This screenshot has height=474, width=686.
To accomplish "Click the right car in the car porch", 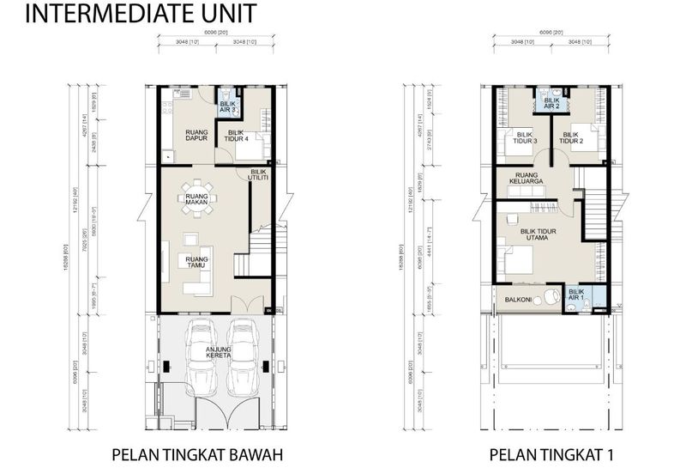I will pyautogui.click(x=244, y=354).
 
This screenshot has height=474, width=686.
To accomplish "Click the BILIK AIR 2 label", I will pyautogui.click(x=552, y=103).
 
